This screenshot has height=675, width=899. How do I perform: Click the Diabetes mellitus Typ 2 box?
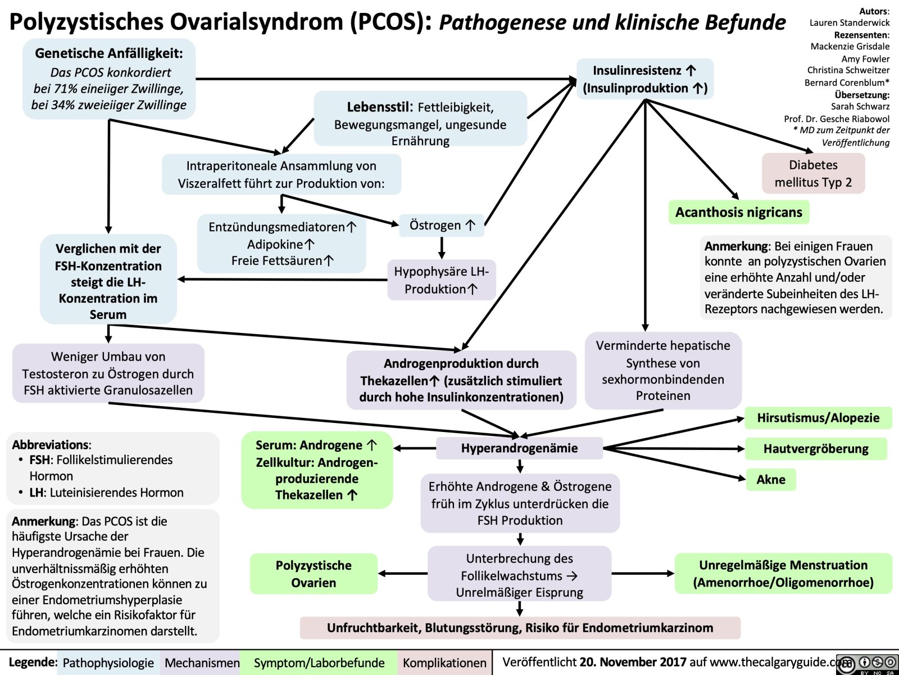point(813,173)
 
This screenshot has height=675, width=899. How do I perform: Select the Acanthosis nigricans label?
point(738,212)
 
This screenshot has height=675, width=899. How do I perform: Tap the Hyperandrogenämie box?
point(519,448)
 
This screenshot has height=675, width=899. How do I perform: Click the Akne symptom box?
point(770,479)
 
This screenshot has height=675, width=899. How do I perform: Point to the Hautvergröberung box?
point(815,448)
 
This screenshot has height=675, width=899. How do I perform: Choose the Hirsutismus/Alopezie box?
point(818,417)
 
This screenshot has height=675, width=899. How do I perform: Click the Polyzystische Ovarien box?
point(314,574)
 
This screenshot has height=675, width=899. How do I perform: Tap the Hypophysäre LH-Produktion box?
point(441,280)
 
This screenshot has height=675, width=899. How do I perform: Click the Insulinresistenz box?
point(644,79)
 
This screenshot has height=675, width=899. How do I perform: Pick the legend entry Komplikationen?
point(444,663)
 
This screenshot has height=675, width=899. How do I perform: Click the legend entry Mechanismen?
point(202,663)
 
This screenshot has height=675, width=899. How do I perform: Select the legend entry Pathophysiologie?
point(108,663)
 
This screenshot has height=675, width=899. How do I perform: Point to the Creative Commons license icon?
point(868,664)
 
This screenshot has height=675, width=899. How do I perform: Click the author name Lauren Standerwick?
point(849,22)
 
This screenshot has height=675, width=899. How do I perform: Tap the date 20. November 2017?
point(633,662)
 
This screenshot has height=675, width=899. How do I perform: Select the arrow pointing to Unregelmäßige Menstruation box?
point(643,573)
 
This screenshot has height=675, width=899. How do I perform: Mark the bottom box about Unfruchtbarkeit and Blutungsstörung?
point(520,628)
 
